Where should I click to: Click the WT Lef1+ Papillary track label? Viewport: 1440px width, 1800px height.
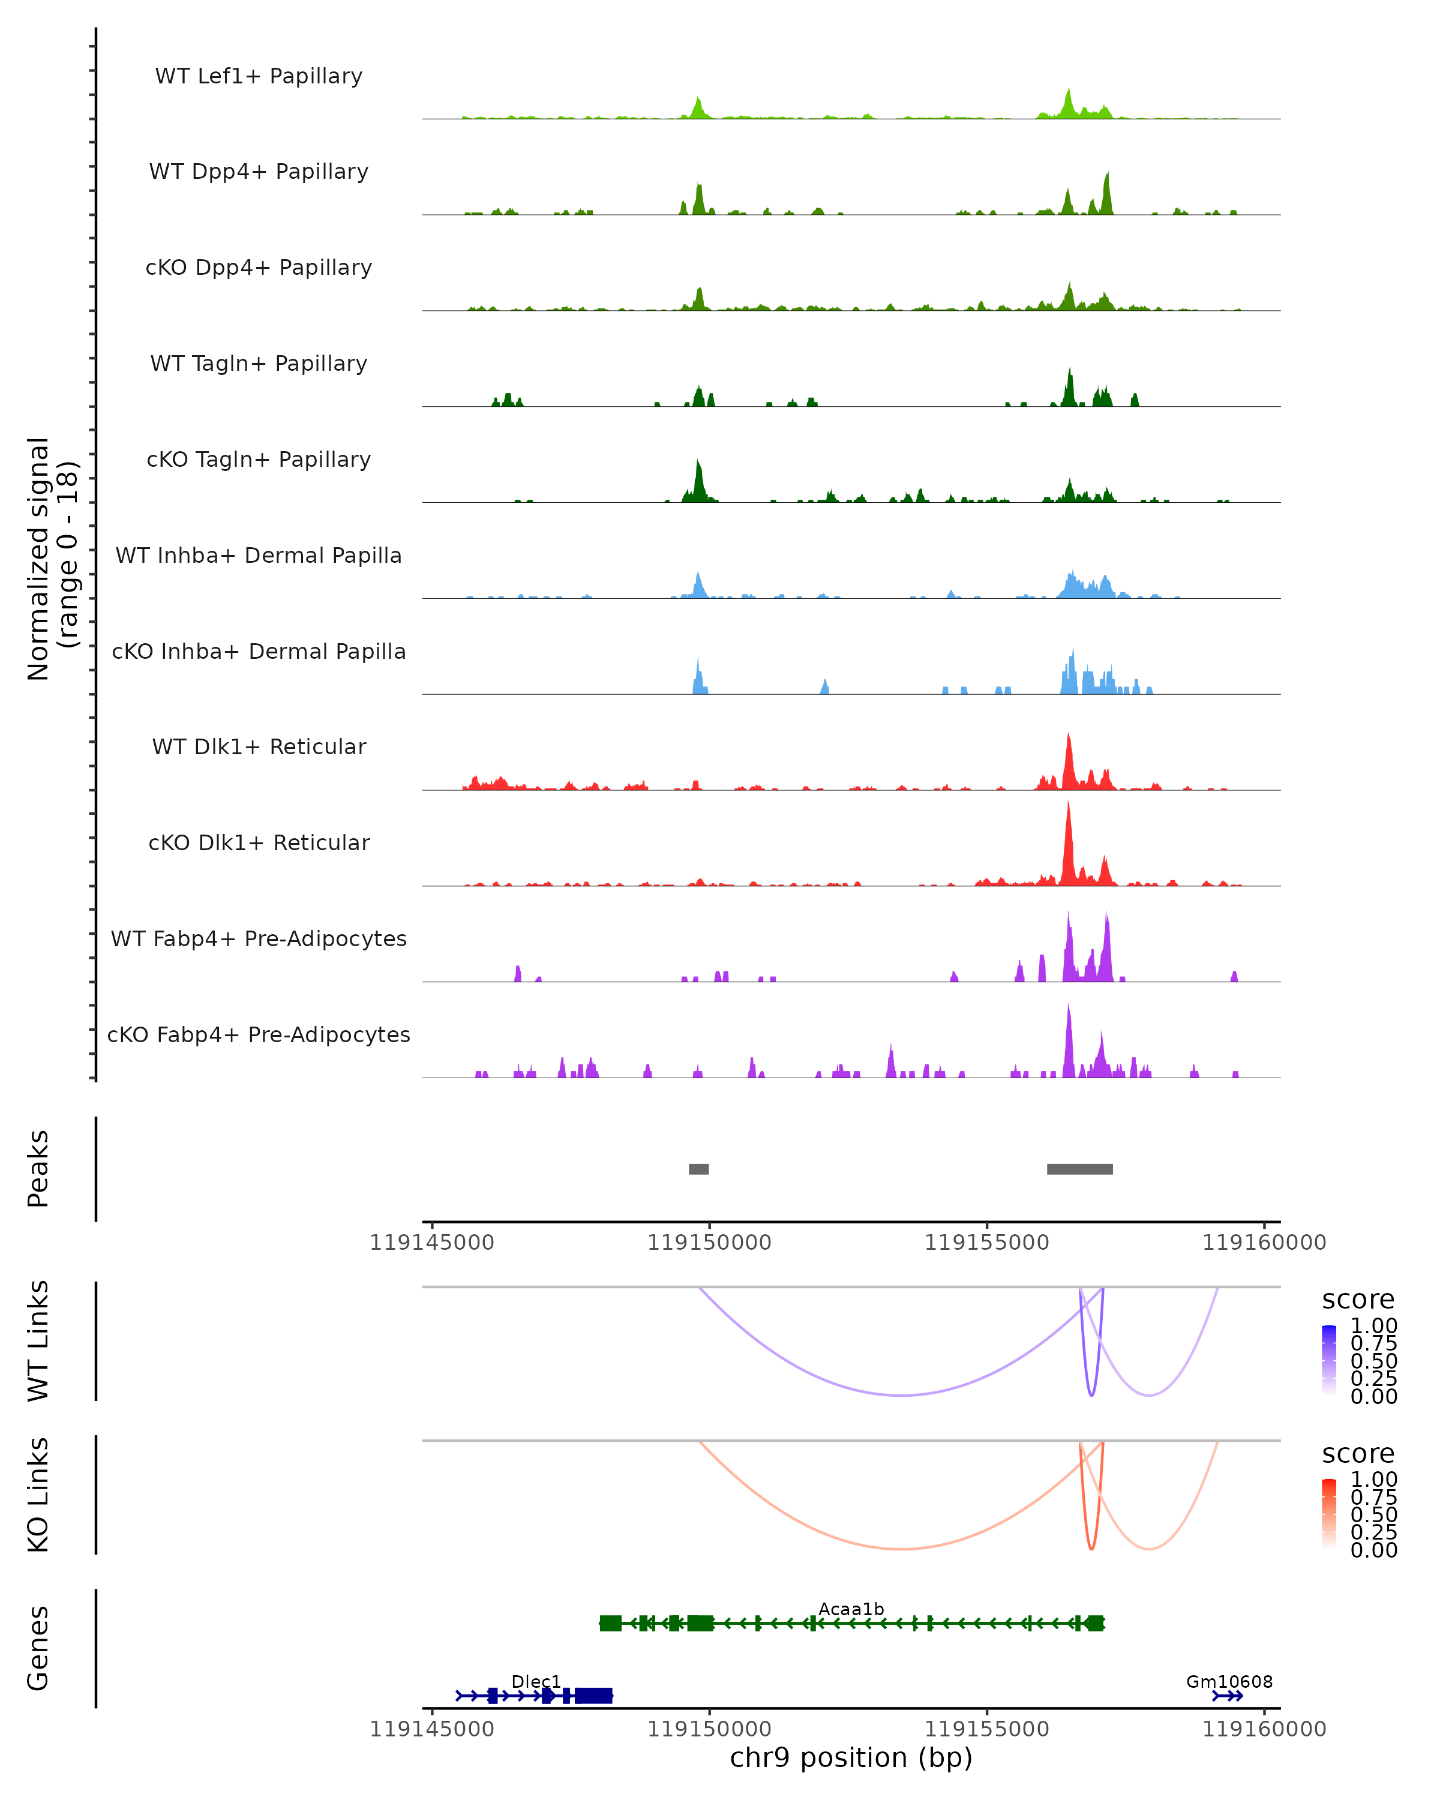point(259,76)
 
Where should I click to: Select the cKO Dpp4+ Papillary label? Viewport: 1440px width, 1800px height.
point(259,267)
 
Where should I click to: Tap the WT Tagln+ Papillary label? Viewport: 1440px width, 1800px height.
point(259,363)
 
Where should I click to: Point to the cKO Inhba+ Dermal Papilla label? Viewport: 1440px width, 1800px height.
point(259,651)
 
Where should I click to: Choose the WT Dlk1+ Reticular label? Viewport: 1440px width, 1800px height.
point(259,746)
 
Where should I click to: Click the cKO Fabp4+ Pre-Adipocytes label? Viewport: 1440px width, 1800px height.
point(259,1034)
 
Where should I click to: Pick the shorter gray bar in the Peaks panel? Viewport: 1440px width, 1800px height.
point(699,1169)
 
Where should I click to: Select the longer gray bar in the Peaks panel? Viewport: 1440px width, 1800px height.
point(1079,1169)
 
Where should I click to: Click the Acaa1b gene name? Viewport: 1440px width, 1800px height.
point(851,1609)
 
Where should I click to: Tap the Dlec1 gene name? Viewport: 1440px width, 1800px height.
point(536,1681)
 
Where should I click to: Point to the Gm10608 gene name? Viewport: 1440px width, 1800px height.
point(1229,1681)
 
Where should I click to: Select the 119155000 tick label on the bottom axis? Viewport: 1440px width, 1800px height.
point(987,1729)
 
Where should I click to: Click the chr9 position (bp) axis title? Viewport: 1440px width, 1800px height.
point(851,1758)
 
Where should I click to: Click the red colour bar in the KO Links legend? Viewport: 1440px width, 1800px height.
point(1329,1514)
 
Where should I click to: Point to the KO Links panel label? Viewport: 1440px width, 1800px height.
point(38,1495)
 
